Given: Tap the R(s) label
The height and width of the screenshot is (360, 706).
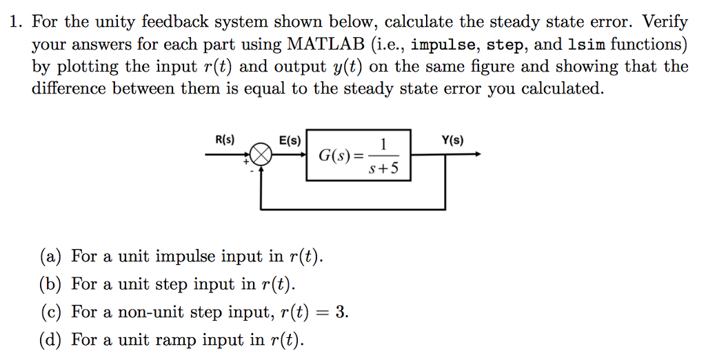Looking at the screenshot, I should [225, 140].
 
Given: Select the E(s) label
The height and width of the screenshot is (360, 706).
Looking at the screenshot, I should [290, 140].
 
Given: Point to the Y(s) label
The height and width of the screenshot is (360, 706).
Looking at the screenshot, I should [452, 140].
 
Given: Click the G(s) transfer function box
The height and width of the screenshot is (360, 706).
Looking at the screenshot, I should [358, 155].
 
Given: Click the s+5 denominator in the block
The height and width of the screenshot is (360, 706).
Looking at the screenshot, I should [383, 168].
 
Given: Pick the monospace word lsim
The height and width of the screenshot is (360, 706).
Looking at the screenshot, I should [585, 45].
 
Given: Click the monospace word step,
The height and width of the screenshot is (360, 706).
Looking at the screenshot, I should [507, 45].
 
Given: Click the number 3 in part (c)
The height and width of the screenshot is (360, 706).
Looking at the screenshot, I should [340, 312].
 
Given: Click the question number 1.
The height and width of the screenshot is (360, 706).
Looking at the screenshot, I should [14, 23].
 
